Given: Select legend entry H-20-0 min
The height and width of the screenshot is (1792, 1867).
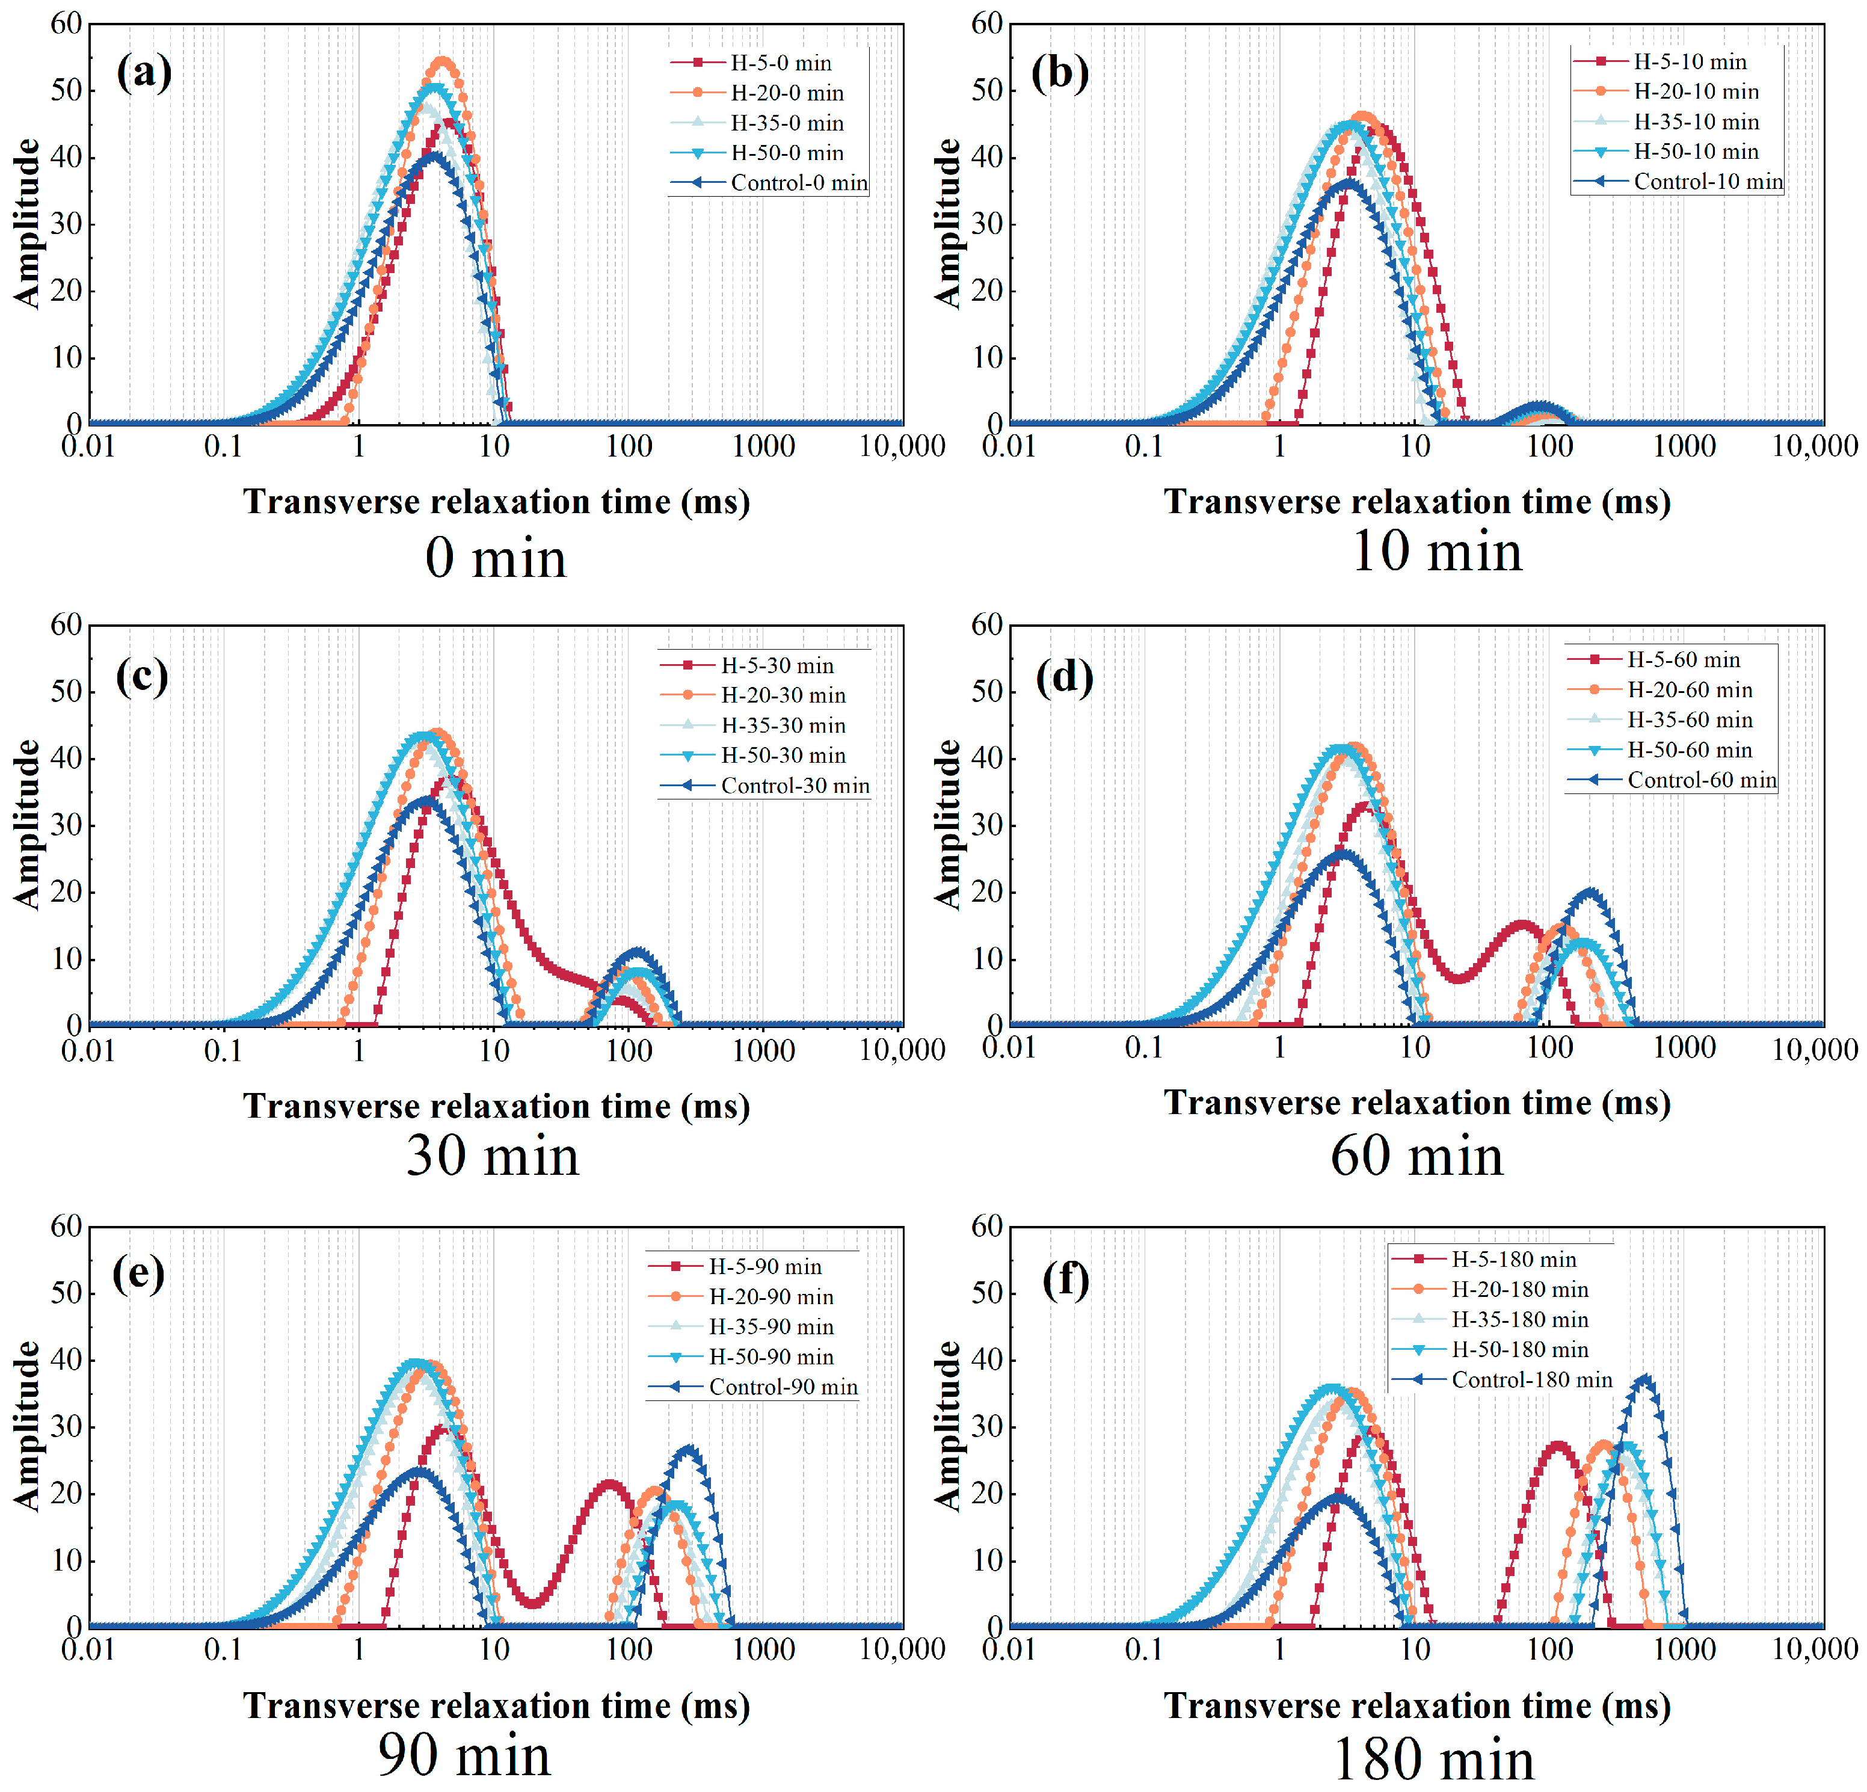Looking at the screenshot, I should point(786,93).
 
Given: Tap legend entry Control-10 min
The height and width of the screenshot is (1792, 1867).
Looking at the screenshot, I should point(1707,182).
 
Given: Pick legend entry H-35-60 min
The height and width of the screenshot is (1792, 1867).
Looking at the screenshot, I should point(1689,720).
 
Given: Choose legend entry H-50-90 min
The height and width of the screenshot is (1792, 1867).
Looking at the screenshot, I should point(770,1356).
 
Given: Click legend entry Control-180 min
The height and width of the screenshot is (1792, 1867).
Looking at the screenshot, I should point(1531,1379).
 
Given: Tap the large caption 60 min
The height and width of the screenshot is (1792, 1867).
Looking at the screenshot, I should point(1416,1157).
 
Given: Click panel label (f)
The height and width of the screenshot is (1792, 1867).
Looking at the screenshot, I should point(1065,1279).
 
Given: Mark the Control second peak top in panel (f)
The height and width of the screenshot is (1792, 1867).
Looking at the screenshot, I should point(1643,1379).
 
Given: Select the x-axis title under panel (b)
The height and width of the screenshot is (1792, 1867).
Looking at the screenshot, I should point(1416,502).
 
